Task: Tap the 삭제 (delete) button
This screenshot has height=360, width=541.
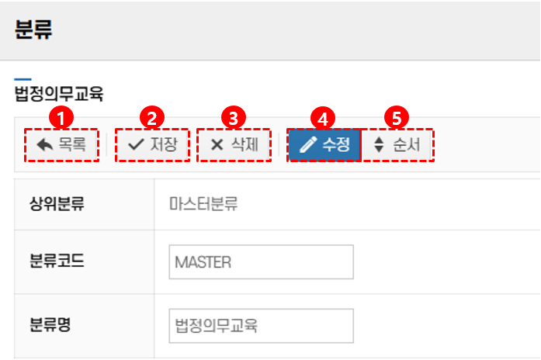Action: click(x=234, y=144)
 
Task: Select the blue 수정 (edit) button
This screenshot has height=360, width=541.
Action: click(x=324, y=144)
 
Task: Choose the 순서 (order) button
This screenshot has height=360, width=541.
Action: click(x=397, y=144)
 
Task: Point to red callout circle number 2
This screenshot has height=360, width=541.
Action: click(x=152, y=118)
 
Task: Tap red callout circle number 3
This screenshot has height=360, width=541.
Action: click(x=233, y=118)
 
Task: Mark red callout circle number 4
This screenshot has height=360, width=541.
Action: click(x=323, y=118)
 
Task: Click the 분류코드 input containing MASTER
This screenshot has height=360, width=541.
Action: click(x=261, y=262)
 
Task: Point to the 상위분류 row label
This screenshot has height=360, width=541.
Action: click(x=57, y=205)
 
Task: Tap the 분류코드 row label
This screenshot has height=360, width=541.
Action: click(x=57, y=261)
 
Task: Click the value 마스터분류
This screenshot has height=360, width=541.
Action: click(x=203, y=205)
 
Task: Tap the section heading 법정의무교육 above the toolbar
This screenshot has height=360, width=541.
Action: click(x=59, y=95)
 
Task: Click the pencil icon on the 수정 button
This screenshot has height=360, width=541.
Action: click(x=308, y=144)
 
